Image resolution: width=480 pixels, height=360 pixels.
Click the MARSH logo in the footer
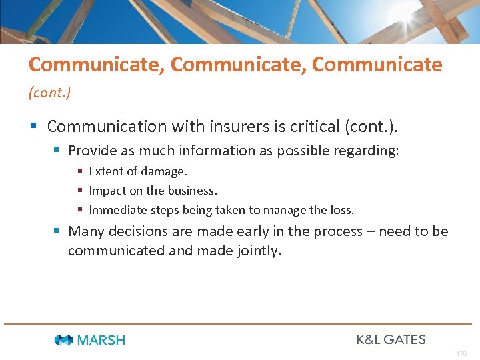(x=89, y=340)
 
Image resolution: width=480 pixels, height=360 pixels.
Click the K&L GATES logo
(x=391, y=339)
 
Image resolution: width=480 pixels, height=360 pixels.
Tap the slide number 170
(x=461, y=353)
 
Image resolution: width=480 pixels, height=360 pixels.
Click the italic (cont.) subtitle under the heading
(x=49, y=93)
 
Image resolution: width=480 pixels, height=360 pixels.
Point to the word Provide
(x=92, y=151)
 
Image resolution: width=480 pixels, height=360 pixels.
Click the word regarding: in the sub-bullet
(x=368, y=151)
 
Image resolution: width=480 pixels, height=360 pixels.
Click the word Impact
(x=107, y=191)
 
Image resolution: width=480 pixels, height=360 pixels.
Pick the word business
(x=192, y=191)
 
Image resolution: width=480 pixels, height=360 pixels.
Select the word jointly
(x=258, y=251)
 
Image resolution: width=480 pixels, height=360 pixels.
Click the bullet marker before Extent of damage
(x=80, y=171)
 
